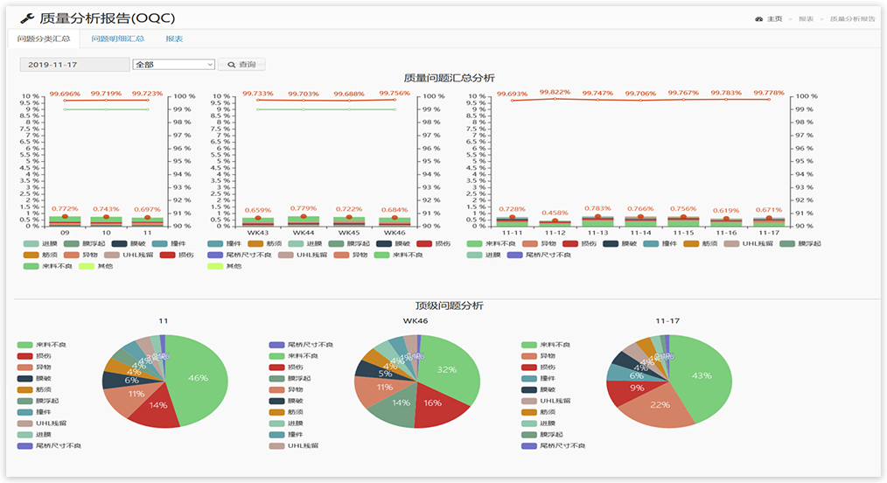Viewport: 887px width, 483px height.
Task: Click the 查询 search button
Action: [242, 65]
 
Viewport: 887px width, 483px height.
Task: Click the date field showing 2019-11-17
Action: [73, 65]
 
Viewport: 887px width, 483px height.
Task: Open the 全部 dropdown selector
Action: [173, 65]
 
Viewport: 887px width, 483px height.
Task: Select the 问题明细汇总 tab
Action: [117, 38]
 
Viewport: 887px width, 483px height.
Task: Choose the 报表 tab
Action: [174, 38]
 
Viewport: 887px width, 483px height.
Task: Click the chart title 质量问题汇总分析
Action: [449, 78]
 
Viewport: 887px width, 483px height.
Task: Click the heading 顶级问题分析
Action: [449, 305]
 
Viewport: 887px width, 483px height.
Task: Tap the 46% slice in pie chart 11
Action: [199, 378]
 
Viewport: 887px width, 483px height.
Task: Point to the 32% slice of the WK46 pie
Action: [447, 369]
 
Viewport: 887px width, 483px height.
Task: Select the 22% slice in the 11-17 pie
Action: [660, 404]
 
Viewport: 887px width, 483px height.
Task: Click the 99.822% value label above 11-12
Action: [555, 92]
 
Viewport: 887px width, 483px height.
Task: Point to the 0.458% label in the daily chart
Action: [555, 213]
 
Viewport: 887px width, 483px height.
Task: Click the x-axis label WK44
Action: [304, 233]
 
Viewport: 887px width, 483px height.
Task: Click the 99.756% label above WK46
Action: [395, 94]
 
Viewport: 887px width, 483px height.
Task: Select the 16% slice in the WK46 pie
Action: [433, 403]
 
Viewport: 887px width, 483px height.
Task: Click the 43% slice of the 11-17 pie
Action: [702, 375]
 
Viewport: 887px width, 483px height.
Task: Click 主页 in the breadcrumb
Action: [774, 18]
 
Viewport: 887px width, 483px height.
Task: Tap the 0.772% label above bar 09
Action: [65, 208]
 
